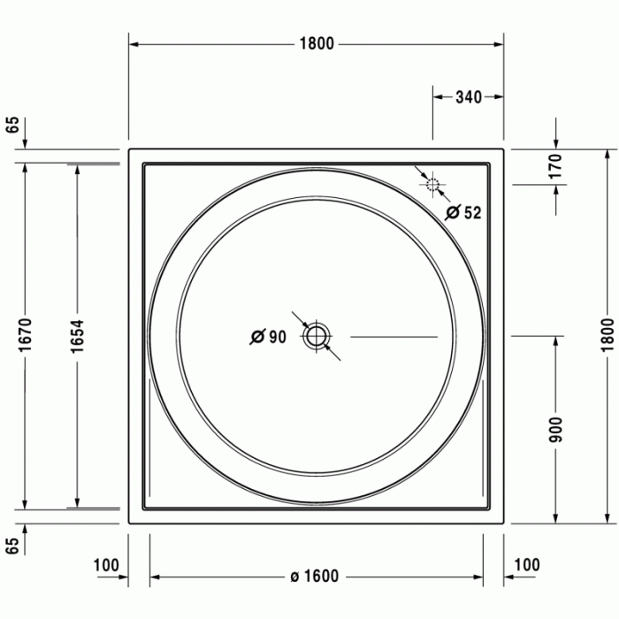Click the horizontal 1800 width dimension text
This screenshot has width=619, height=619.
pyautogui.click(x=316, y=43)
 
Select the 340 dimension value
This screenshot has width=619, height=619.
pyautogui.click(x=468, y=97)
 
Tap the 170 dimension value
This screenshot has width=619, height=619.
pyautogui.click(x=555, y=166)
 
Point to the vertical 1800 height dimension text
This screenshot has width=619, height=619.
pyautogui.click(x=606, y=335)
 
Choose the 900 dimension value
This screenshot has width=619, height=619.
pyautogui.click(x=556, y=429)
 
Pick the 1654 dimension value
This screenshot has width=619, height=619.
pyautogui.click(x=78, y=335)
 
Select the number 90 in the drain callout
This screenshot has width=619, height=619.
pyautogui.click(x=277, y=336)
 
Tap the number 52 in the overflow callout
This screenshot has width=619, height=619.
pyautogui.click(x=472, y=212)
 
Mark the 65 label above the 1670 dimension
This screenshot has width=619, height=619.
pyautogui.click(x=12, y=124)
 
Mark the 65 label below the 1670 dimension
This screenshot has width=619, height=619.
pyautogui.click(x=12, y=546)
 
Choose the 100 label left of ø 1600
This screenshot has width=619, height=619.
pyautogui.click(x=105, y=565)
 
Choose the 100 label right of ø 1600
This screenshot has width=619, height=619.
pyautogui.click(x=526, y=565)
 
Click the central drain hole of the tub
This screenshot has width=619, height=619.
pyautogui.click(x=316, y=336)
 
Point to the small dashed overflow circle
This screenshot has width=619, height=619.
pyautogui.click(x=432, y=185)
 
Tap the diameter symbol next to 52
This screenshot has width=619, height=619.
pyautogui.click(x=452, y=212)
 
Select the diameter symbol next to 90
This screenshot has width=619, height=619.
pyautogui.click(x=256, y=336)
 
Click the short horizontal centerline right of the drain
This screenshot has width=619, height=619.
pyautogui.click(x=394, y=336)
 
